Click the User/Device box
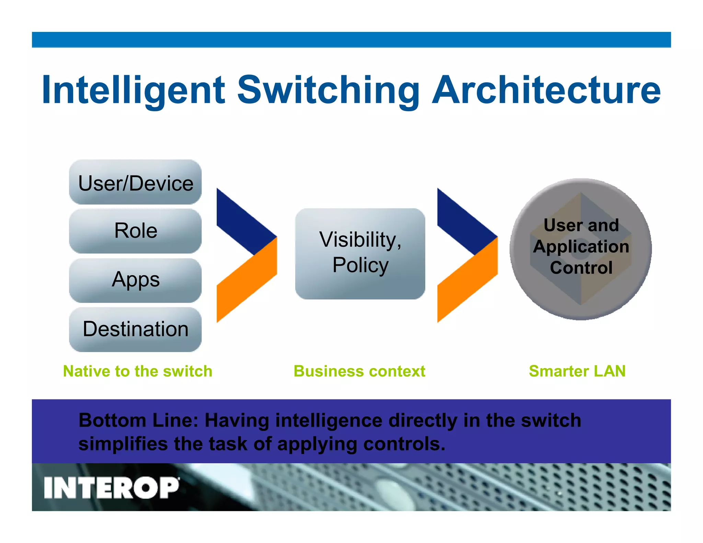pyautogui.click(x=135, y=182)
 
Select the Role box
pyautogui.click(x=135, y=231)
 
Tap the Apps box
pyautogui.click(x=135, y=280)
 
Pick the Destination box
pyautogui.click(x=135, y=329)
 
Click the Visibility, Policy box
pyautogui.click(x=360, y=253)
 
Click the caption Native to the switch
pyautogui.click(x=138, y=371)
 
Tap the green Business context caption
pyautogui.click(x=359, y=371)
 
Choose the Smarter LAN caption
pyautogui.click(x=577, y=371)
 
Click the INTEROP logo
pyautogui.click(x=112, y=487)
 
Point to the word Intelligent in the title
pyautogui.click(x=133, y=90)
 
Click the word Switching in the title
pyautogui.click(x=328, y=90)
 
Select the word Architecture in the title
pyautogui.click(x=546, y=90)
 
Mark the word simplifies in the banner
pyautogui.click(x=123, y=444)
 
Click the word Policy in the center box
pyautogui.click(x=360, y=265)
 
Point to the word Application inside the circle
pyautogui.click(x=581, y=246)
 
